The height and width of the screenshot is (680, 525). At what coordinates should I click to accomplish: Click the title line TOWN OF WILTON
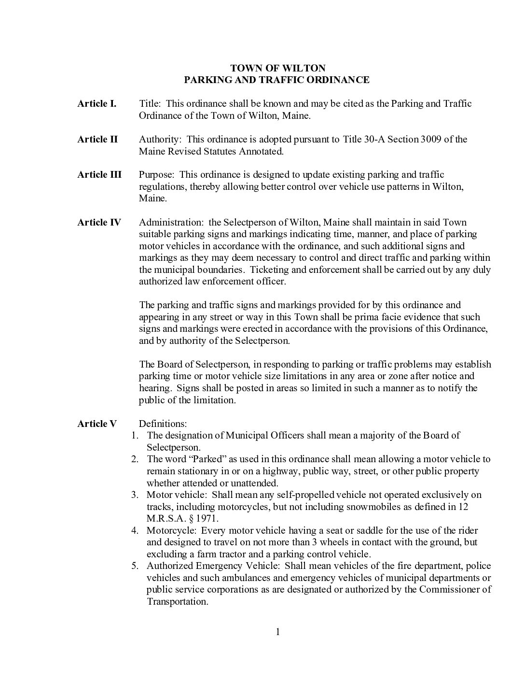[277, 68]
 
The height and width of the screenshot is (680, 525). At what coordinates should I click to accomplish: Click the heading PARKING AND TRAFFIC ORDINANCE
[277, 80]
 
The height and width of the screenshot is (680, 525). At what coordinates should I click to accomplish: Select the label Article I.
[97, 103]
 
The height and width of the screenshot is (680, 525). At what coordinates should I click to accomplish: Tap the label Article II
[97, 139]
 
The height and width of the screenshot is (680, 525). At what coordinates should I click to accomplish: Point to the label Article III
[99, 174]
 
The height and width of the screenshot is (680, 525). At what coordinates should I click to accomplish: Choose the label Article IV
[99, 222]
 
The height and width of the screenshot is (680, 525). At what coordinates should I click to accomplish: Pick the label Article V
[97, 424]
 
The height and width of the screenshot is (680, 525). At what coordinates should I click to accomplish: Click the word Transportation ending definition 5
[177, 602]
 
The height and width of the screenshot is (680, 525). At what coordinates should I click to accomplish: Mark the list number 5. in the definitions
[135, 566]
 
